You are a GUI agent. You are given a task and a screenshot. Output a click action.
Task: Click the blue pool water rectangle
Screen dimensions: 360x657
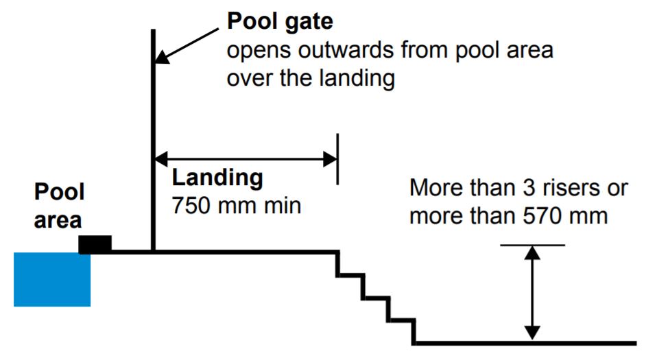tap(52, 279)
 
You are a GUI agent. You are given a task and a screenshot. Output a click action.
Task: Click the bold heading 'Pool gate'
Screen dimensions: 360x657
tap(280, 21)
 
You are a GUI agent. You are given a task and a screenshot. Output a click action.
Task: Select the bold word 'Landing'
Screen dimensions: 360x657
tap(217, 178)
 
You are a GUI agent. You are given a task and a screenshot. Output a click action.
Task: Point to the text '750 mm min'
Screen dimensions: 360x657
tap(236, 205)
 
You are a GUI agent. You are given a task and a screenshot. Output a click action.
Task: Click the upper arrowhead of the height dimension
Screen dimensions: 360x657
tap(532, 252)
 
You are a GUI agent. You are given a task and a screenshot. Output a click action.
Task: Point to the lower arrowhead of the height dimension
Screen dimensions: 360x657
tap(532, 333)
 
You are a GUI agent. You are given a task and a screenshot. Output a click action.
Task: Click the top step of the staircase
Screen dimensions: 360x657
tap(349, 275)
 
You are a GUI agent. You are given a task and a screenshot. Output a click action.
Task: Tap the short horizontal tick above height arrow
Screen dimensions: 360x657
tap(532, 245)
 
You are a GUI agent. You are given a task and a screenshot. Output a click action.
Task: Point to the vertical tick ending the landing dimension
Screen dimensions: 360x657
tap(337, 159)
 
